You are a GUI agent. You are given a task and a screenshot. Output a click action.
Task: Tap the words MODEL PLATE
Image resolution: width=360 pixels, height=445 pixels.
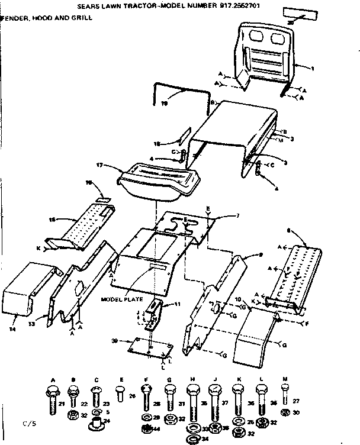coord(123,299)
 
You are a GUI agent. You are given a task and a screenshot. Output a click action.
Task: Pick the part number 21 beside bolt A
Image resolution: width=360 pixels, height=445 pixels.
coord(62,404)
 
